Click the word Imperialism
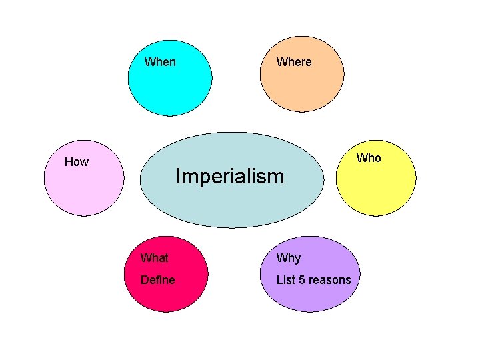(x=229, y=177)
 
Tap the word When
(x=160, y=62)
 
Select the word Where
(x=294, y=62)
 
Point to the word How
(x=77, y=162)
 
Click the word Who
(x=369, y=158)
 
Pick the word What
(x=154, y=258)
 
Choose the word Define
(x=157, y=280)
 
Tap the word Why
(x=289, y=258)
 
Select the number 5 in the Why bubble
(x=302, y=280)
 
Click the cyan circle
(x=170, y=87)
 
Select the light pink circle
(x=83, y=190)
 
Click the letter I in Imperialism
(x=177, y=177)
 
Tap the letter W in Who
(x=361, y=158)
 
